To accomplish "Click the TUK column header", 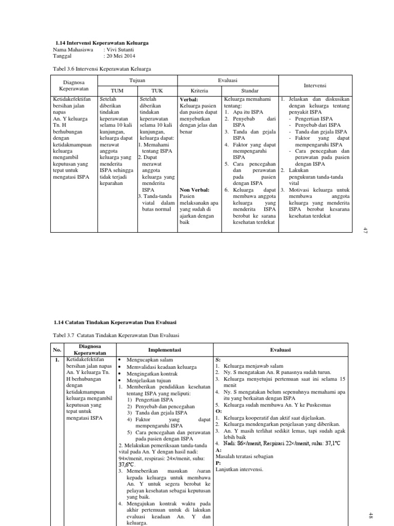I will (x=157, y=90).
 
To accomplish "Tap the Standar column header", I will (x=249, y=90).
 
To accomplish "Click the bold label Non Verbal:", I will (x=194, y=190).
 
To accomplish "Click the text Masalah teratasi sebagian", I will (x=244, y=456).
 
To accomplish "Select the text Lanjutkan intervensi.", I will (x=239, y=469).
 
